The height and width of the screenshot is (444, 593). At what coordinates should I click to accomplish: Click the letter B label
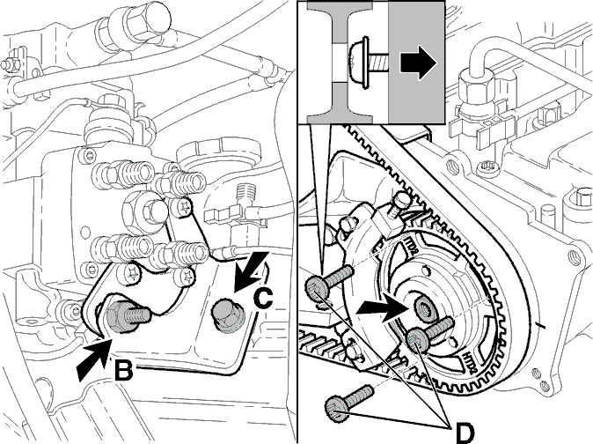(123, 371)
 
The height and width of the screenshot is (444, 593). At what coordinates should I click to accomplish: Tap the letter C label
(263, 299)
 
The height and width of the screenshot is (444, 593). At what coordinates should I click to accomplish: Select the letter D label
(465, 433)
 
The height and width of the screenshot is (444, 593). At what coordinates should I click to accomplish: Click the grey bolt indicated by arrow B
(127, 316)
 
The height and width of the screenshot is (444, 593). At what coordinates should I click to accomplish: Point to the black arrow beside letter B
(94, 359)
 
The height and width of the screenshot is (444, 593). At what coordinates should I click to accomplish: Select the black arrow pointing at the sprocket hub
(383, 307)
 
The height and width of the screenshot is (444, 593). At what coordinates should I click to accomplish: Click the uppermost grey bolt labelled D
(328, 284)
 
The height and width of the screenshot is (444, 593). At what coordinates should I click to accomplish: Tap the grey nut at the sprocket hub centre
(423, 307)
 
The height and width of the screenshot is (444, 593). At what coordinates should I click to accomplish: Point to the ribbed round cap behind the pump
(219, 154)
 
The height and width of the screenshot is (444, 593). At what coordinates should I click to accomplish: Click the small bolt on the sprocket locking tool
(400, 203)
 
